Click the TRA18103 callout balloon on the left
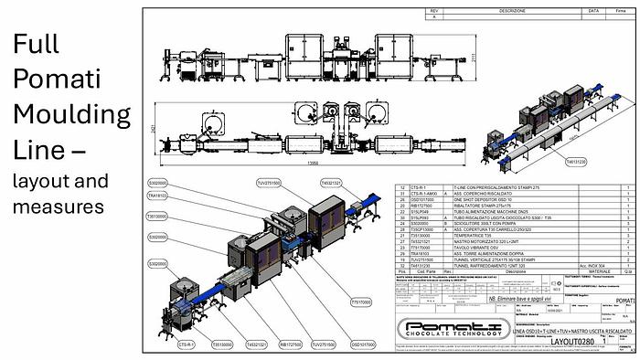(x=157, y=195)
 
